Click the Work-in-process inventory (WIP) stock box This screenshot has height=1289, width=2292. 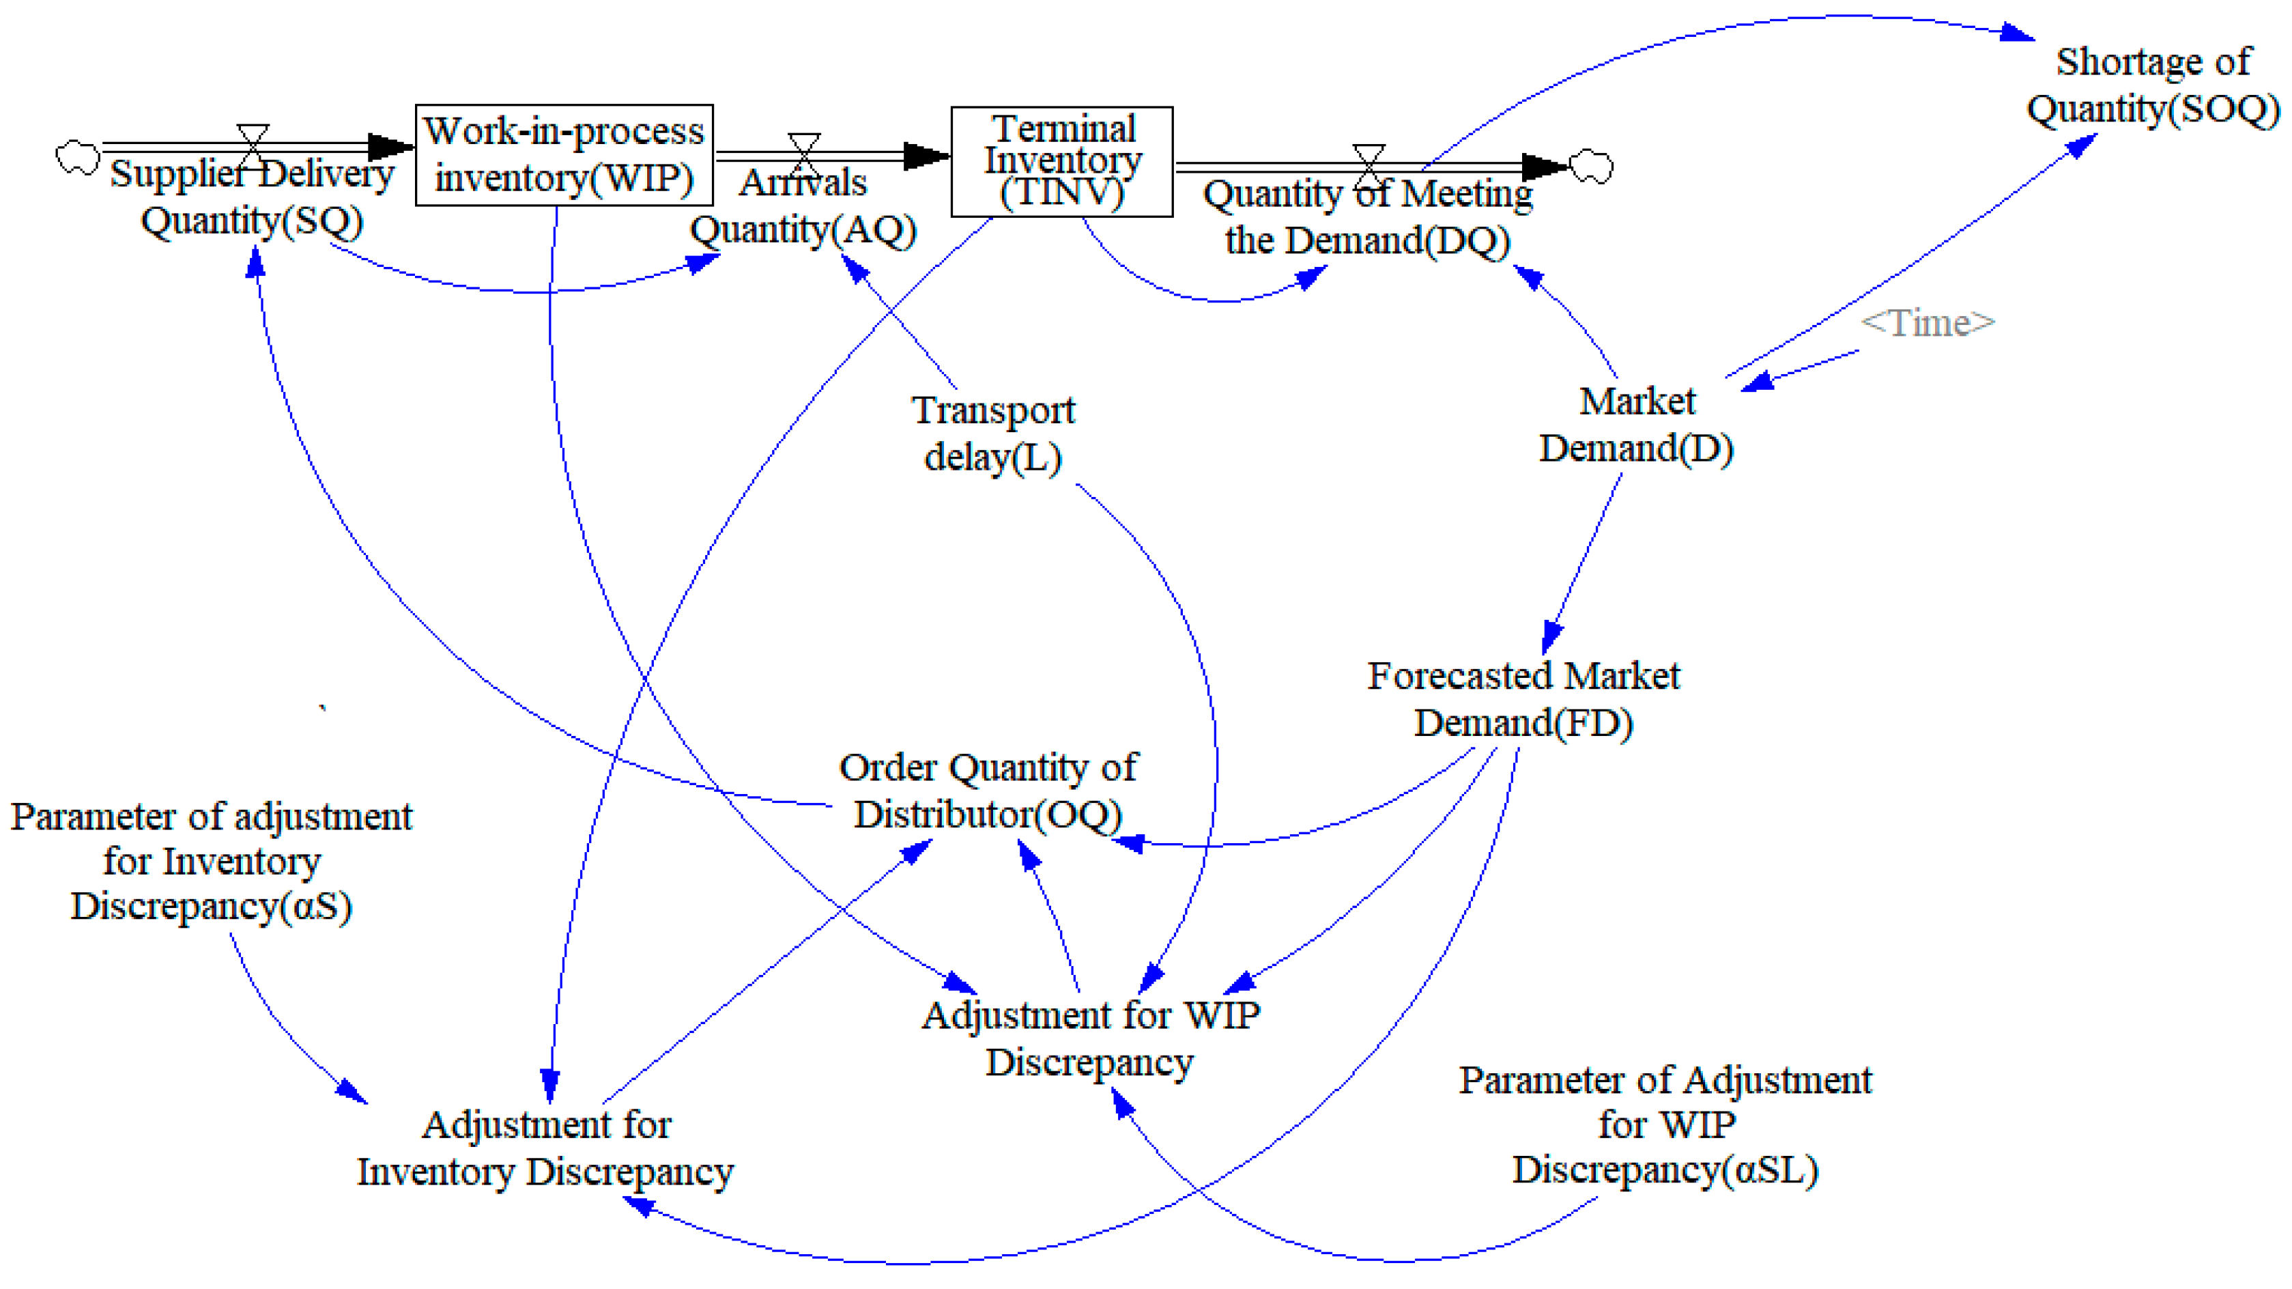coord(564,155)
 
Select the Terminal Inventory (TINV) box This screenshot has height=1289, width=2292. coord(1061,161)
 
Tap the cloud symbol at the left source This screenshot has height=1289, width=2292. coord(77,158)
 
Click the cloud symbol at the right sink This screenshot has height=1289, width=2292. coord(1591,167)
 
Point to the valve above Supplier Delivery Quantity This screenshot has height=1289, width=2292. coord(253,146)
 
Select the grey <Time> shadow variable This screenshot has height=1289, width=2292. coord(1928,322)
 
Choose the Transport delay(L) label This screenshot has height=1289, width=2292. coord(993,434)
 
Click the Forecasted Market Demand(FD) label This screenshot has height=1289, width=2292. coord(1523,699)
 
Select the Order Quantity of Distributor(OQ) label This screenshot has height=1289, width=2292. coord(988,791)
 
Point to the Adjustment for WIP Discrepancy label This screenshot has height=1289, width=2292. coord(1090,1038)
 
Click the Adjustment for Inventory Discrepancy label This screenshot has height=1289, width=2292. coord(545,1148)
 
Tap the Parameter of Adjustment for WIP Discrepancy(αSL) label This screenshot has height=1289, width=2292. coord(1665,1124)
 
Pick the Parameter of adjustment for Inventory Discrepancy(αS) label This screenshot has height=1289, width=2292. coord(211,861)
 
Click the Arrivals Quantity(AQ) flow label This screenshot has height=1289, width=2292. coord(803,206)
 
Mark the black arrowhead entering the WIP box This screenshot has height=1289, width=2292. coord(392,147)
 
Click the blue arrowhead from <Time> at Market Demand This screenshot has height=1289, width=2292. coord(1758,383)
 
